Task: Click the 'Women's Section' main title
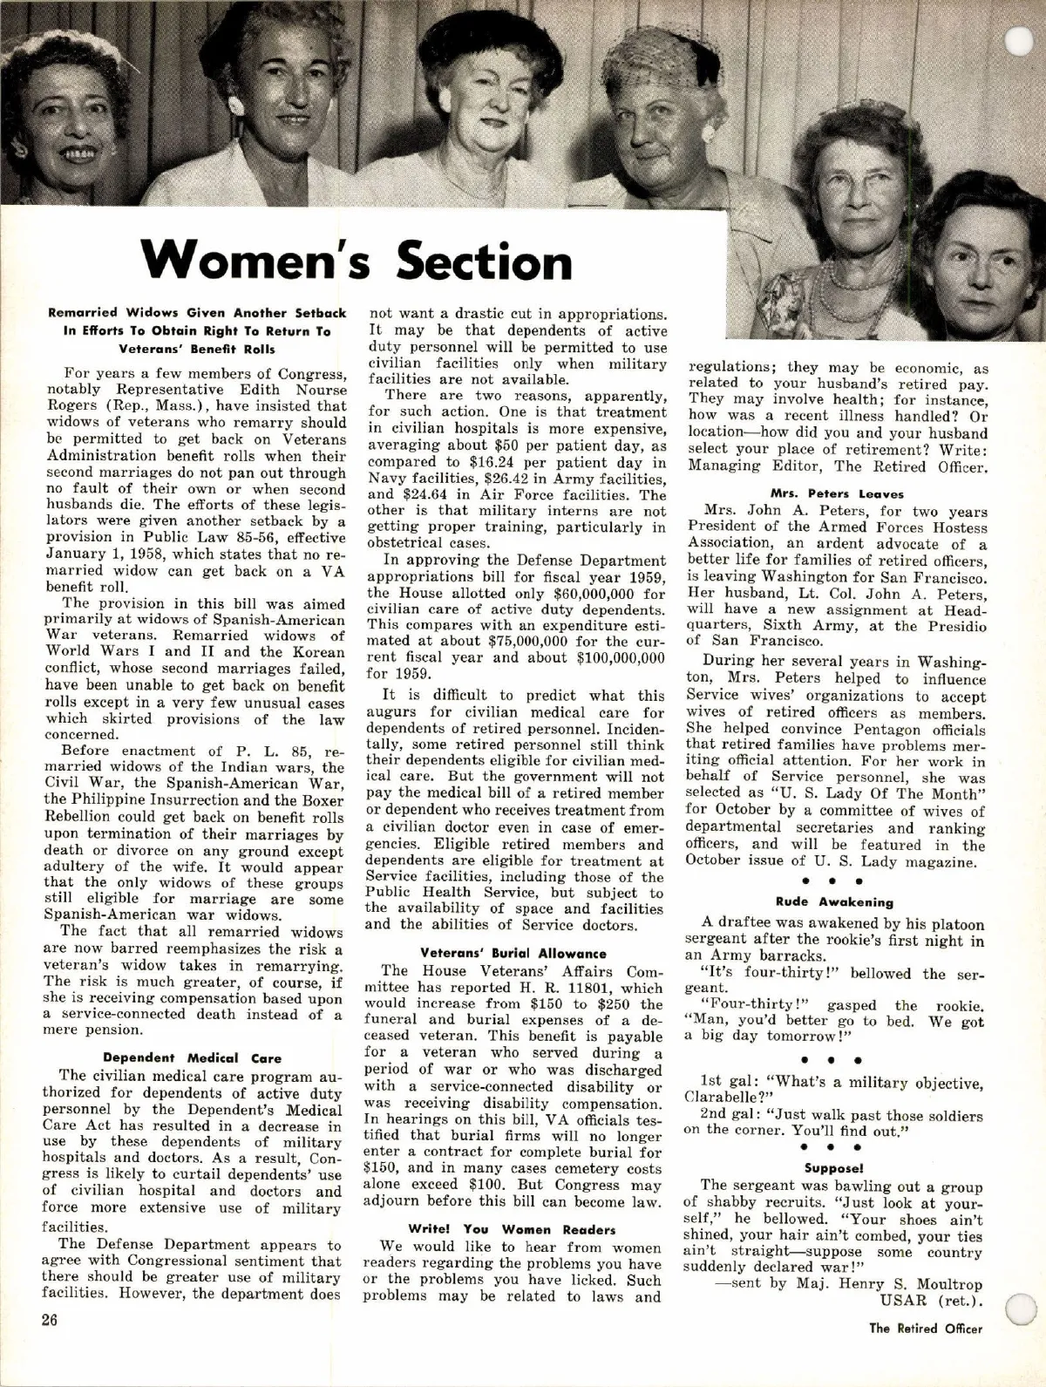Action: coord(357,259)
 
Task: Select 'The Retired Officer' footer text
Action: coord(926,1329)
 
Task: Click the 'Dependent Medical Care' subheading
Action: coord(192,1058)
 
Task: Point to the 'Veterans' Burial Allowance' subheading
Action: coord(513,954)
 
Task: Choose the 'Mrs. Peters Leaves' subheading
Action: coord(838,493)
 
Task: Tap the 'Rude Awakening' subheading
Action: coord(834,901)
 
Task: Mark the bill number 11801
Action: coord(598,988)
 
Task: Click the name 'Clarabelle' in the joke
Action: coord(718,1099)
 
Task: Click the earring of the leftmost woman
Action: coord(20,149)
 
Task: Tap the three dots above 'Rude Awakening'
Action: coord(834,881)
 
